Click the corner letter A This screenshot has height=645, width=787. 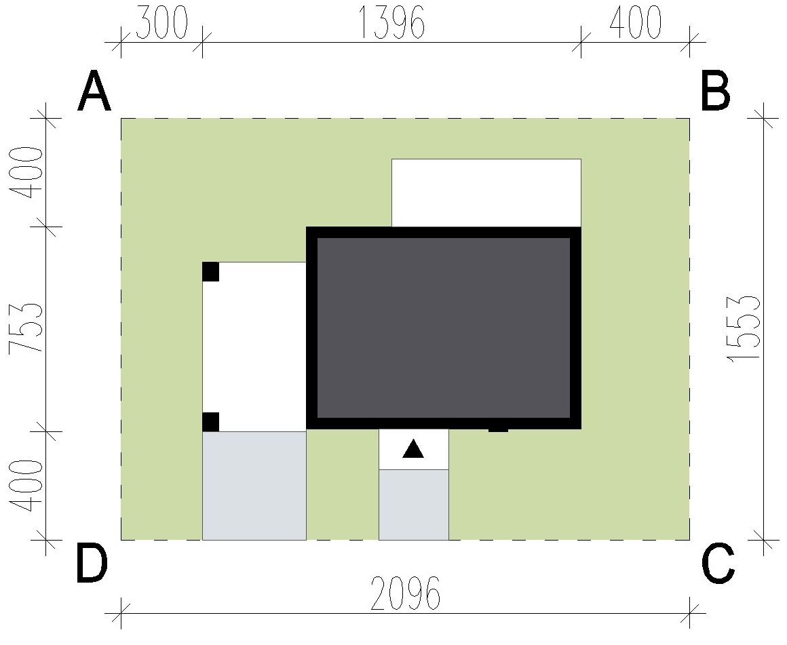[94, 91]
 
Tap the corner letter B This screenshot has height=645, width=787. [715, 91]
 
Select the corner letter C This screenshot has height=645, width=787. [718, 564]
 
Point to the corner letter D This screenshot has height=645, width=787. [92, 564]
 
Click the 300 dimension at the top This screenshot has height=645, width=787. [161, 22]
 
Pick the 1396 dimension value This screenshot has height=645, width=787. [392, 22]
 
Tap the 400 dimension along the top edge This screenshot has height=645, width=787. [635, 22]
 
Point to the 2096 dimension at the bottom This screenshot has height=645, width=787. [406, 593]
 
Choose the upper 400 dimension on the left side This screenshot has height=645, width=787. [25, 173]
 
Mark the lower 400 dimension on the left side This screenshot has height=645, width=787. [25, 486]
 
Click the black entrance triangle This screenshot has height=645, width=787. [413, 449]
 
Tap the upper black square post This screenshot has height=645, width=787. [211, 271]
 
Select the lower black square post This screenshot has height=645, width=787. [211, 422]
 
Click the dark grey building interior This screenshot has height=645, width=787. [444, 328]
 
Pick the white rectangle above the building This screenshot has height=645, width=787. [486, 193]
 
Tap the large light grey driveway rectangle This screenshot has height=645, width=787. [254, 486]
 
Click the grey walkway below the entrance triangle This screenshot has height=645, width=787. [414, 505]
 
